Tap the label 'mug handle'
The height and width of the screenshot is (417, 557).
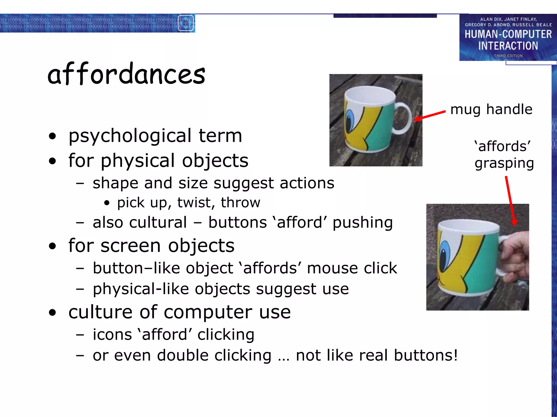491,109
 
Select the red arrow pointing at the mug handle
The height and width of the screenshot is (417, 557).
430,115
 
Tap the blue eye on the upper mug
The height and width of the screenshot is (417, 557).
350,121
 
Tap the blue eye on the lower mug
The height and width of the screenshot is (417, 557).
444,252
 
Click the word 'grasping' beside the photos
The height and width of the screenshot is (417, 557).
504,163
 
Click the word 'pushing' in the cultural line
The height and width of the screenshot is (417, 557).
363,223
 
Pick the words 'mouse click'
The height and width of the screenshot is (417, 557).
352,268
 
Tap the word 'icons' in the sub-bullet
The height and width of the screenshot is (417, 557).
112,334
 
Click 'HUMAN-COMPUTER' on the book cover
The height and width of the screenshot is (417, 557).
508,34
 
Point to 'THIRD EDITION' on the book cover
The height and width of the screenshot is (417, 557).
508,56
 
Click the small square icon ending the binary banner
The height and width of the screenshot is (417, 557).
186,23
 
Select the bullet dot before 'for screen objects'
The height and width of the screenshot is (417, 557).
52,246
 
